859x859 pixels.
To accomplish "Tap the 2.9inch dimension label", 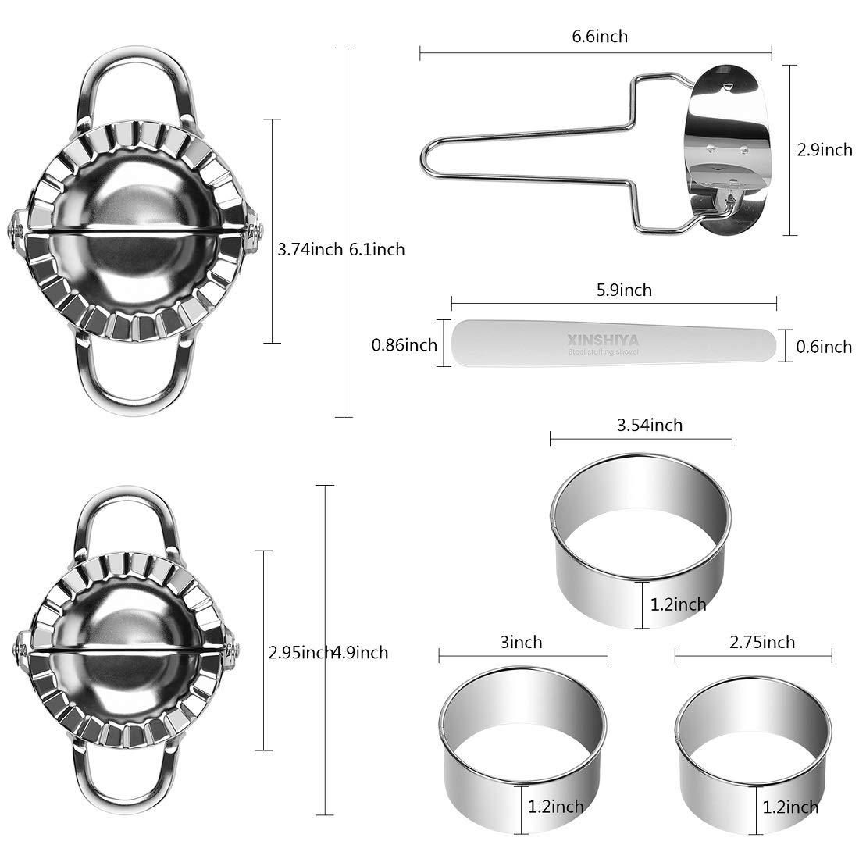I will tap(824, 150).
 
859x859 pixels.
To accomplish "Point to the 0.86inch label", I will tap(404, 344).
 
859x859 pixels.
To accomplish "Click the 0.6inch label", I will tap(824, 345).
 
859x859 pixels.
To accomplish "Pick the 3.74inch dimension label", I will tap(310, 249).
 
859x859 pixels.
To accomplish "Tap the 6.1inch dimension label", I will tap(378, 249).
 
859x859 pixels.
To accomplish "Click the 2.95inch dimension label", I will tap(301, 652).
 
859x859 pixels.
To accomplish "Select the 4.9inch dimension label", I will tap(361, 652).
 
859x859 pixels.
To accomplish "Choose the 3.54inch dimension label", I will tap(649, 424).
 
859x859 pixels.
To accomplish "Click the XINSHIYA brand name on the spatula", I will tap(604, 340).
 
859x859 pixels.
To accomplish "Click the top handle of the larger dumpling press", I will tap(132, 86).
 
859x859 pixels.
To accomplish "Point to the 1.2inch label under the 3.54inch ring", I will tap(678, 604).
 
